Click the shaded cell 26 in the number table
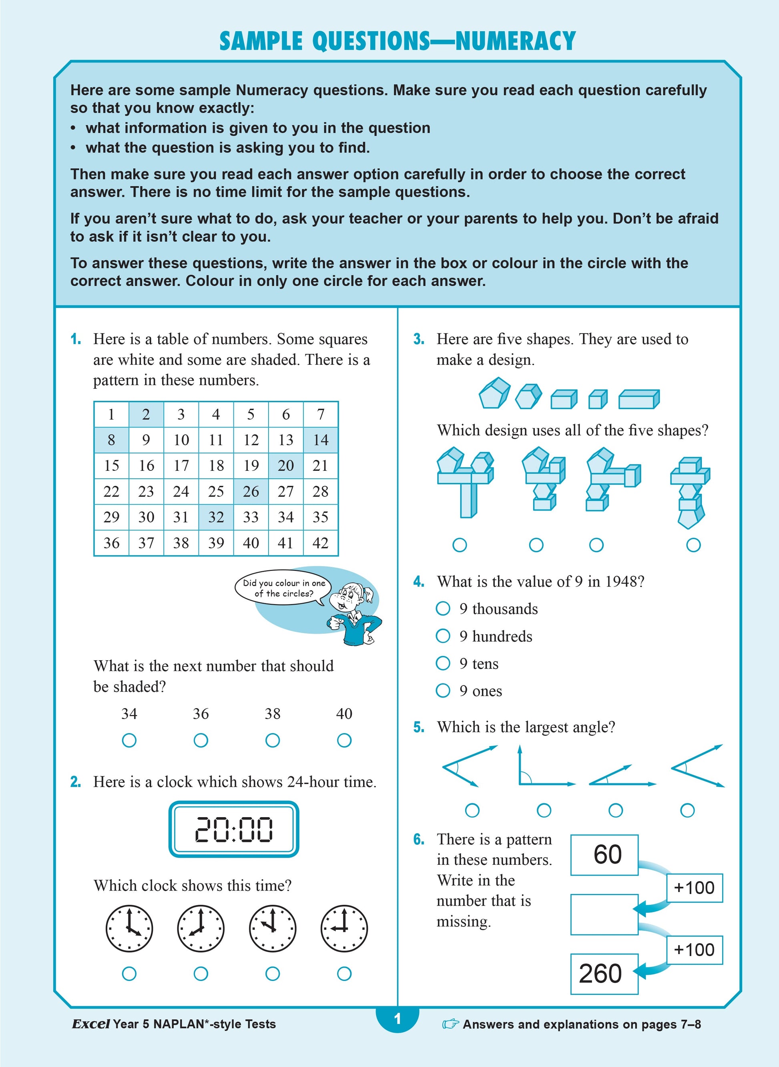251,492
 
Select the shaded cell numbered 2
146,414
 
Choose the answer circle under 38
273,740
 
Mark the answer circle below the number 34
129,740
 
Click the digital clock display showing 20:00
234,829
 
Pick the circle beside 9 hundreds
443,636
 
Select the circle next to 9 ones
443,691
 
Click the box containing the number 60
604,855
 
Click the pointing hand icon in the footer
450,1024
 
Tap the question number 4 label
419,582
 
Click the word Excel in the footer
91,1024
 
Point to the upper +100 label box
694,888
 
